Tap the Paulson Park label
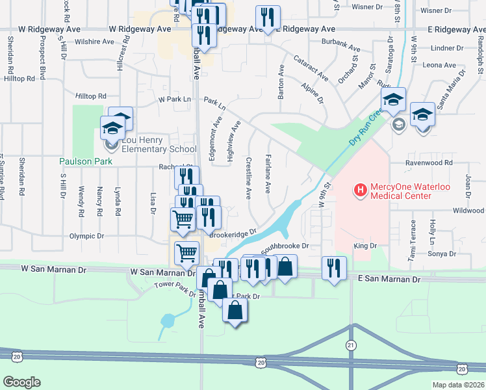click(86, 161)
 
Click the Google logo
click(21, 382)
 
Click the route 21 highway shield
click(351, 344)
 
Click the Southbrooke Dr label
click(284, 248)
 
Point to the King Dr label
click(365, 246)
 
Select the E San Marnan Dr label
click(389, 279)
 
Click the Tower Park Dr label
click(175, 289)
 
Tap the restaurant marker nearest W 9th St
click(334, 267)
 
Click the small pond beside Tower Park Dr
click(168, 320)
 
